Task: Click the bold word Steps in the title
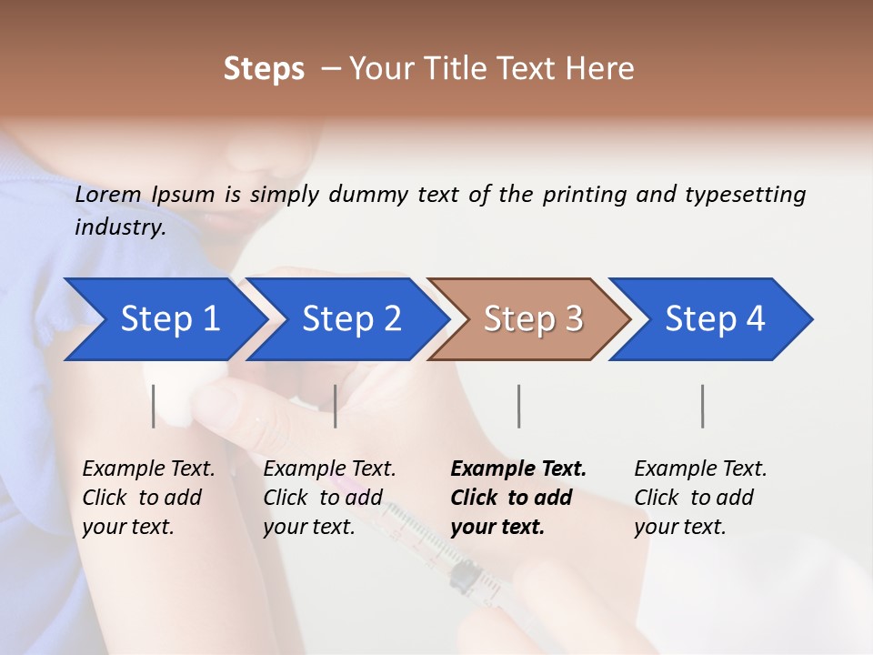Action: [x=264, y=69]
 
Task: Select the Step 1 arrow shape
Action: [x=164, y=319]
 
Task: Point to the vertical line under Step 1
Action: [x=154, y=406]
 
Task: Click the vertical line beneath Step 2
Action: [x=336, y=406]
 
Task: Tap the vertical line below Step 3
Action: [x=519, y=406]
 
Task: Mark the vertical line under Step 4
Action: [x=703, y=406]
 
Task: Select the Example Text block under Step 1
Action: [x=148, y=498]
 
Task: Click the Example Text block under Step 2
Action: [x=329, y=498]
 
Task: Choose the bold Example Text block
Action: [x=518, y=498]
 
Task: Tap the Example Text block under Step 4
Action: [x=700, y=498]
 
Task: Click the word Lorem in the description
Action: [x=107, y=195]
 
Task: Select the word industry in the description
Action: [x=119, y=227]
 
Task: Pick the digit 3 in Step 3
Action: [x=573, y=319]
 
